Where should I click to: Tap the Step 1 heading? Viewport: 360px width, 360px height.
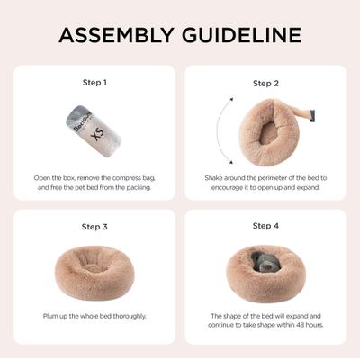click(94, 82)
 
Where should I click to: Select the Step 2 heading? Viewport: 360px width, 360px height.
click(265, 83)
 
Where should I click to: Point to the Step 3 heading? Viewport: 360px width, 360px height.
click(94, 227)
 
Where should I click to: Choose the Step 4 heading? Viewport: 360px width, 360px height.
click(265, 226)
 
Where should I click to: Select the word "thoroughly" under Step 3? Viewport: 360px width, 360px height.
click(126, 316)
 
